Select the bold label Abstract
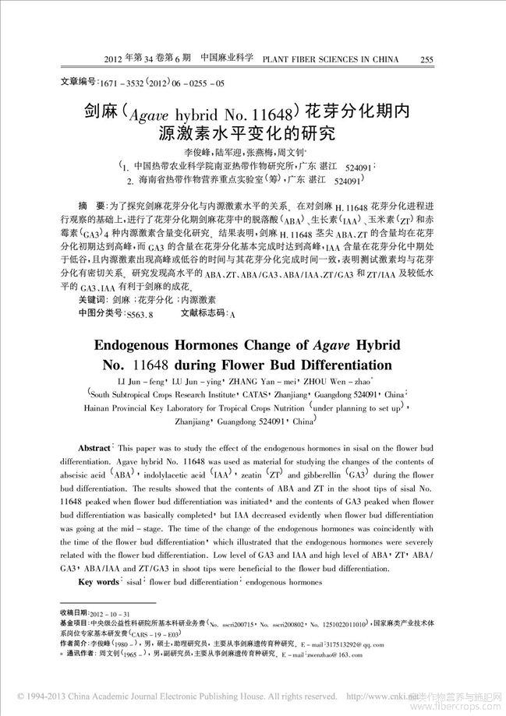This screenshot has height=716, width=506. coord(95,451)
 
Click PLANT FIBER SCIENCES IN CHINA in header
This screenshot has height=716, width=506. coord(331,59)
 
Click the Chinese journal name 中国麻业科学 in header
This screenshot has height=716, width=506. coord(227,58)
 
